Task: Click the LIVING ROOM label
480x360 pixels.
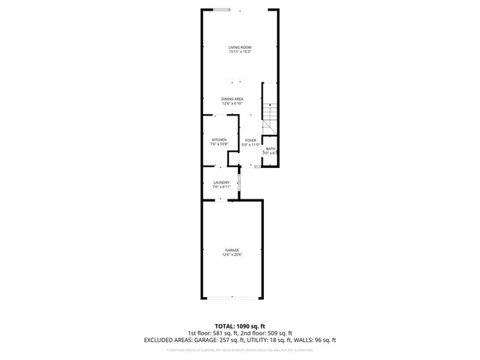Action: coord(239,48)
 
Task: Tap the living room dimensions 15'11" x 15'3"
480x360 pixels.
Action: coord(239,52)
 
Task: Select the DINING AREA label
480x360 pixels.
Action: coord(232,99)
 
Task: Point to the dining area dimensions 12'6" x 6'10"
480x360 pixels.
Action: coord(232,103)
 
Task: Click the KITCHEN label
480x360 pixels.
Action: coord(219,139)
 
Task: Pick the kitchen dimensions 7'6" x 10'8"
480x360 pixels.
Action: coord(219,144)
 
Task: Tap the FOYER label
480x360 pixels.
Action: coord(250,139)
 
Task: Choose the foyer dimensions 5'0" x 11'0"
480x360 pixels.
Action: coord(250,144)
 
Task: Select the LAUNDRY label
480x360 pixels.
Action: coord(221,182)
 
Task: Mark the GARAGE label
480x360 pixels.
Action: coord(232,250)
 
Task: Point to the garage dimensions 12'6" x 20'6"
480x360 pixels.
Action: coord(232,254)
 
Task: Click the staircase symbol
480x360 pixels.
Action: coord(270,112)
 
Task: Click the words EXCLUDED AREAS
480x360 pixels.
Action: coord(164,339)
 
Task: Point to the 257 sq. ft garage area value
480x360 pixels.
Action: coord(222,339)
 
